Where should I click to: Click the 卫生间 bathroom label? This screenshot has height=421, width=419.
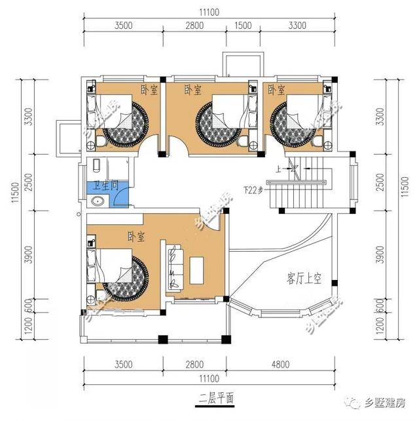click(x=105, y=186)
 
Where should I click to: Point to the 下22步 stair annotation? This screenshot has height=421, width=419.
click(x=252, y=191)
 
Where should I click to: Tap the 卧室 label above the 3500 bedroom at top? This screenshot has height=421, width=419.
click(x=147, y=89)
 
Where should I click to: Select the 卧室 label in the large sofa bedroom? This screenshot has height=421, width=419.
click(x=137, y=235)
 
